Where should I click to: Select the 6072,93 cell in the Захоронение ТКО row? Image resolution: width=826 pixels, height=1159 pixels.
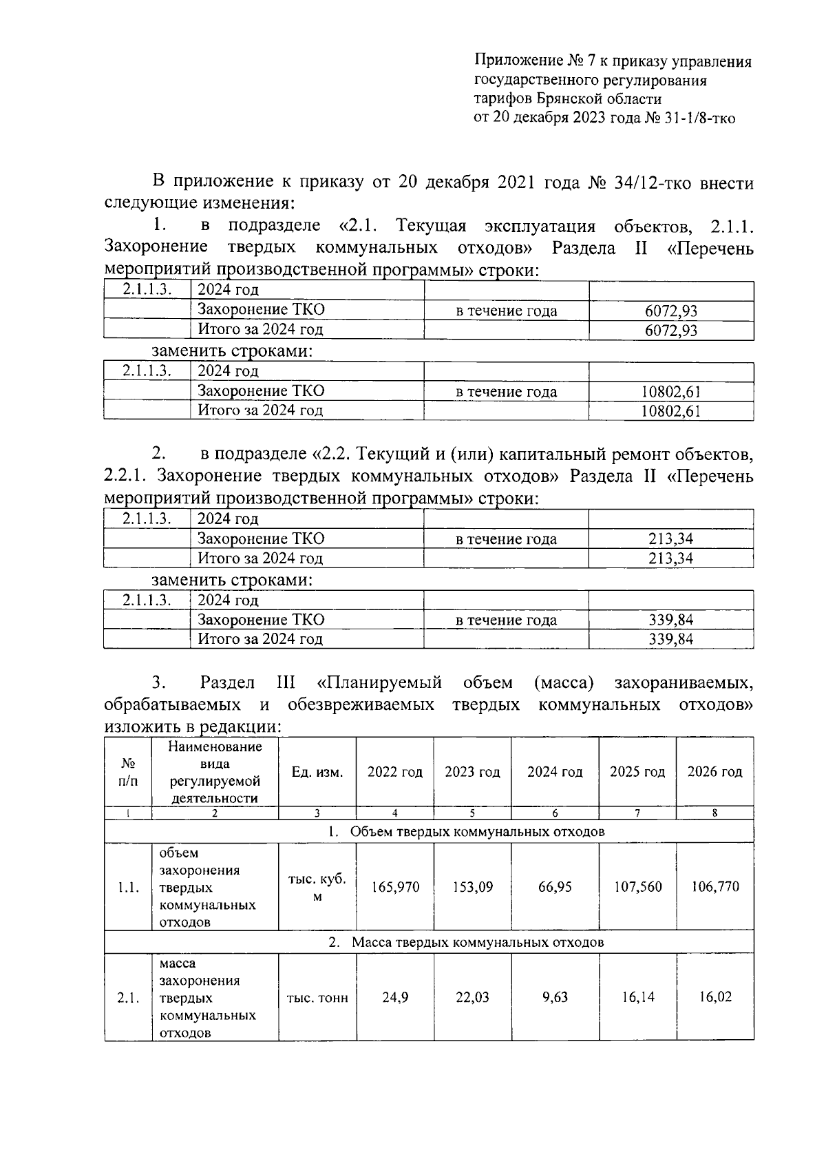pos(671,311)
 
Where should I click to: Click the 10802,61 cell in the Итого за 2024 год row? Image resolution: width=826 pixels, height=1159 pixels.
pos(671,411)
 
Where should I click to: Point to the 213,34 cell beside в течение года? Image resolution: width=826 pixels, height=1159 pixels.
pos(671,539)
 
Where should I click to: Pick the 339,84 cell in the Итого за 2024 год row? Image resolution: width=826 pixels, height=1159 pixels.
pos(671,639)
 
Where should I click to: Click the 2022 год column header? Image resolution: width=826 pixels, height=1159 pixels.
pos(394,772)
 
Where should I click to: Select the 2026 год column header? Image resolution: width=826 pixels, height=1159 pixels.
pos(714,772)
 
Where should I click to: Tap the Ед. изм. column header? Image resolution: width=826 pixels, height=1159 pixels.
pos(317,772)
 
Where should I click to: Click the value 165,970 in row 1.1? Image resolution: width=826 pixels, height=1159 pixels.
pos(395,887)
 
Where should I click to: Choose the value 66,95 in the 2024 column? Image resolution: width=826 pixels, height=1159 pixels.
pos(555,887)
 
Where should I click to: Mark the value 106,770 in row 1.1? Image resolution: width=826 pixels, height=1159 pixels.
pos(715,887)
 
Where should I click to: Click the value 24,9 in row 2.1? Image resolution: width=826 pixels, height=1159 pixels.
pos(395,997)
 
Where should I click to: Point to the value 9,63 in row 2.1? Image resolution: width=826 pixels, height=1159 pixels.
pos(555,997)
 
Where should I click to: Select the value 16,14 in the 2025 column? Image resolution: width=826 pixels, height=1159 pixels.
pos(638,997)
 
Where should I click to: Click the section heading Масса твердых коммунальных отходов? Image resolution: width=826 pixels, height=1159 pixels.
pos(478,942)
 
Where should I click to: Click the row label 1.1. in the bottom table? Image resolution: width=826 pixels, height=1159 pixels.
pos(128,887)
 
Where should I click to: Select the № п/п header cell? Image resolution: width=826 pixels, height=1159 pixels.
pos(128,773)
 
